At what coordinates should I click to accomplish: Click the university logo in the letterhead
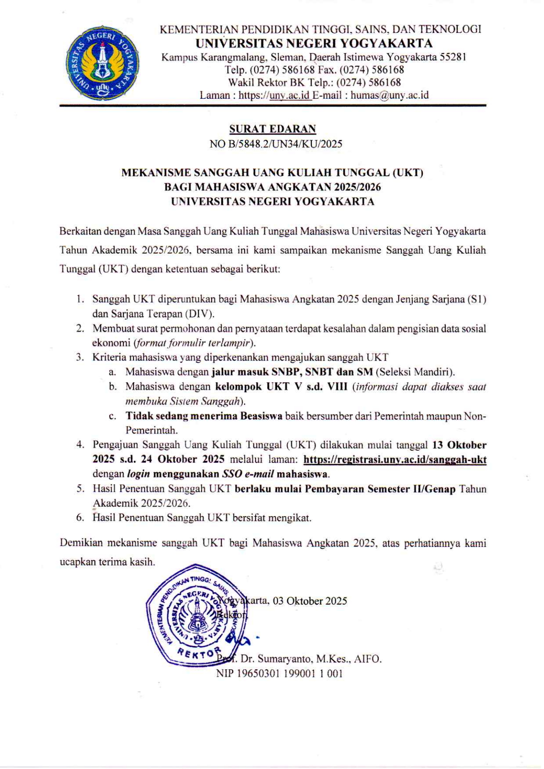(102, 63)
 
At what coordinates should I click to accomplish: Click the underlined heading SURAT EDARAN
(272, 129)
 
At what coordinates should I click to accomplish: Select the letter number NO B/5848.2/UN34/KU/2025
(276, 144)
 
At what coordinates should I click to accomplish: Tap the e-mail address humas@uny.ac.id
(389, 96)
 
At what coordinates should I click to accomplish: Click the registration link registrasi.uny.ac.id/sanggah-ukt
(395, 459)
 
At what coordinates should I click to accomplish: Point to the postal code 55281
(453, 57)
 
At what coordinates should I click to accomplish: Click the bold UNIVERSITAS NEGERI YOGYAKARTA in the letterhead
(314, 43)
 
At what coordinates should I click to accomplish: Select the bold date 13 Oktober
(459, 445)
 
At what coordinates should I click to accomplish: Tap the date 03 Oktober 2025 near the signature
(310, 601)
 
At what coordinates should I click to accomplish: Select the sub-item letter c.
(112, 417)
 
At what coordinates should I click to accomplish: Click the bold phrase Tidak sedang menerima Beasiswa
(204, 416)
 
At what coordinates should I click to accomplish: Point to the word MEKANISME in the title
(155, 173)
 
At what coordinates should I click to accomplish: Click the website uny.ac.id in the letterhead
(290, 96)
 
